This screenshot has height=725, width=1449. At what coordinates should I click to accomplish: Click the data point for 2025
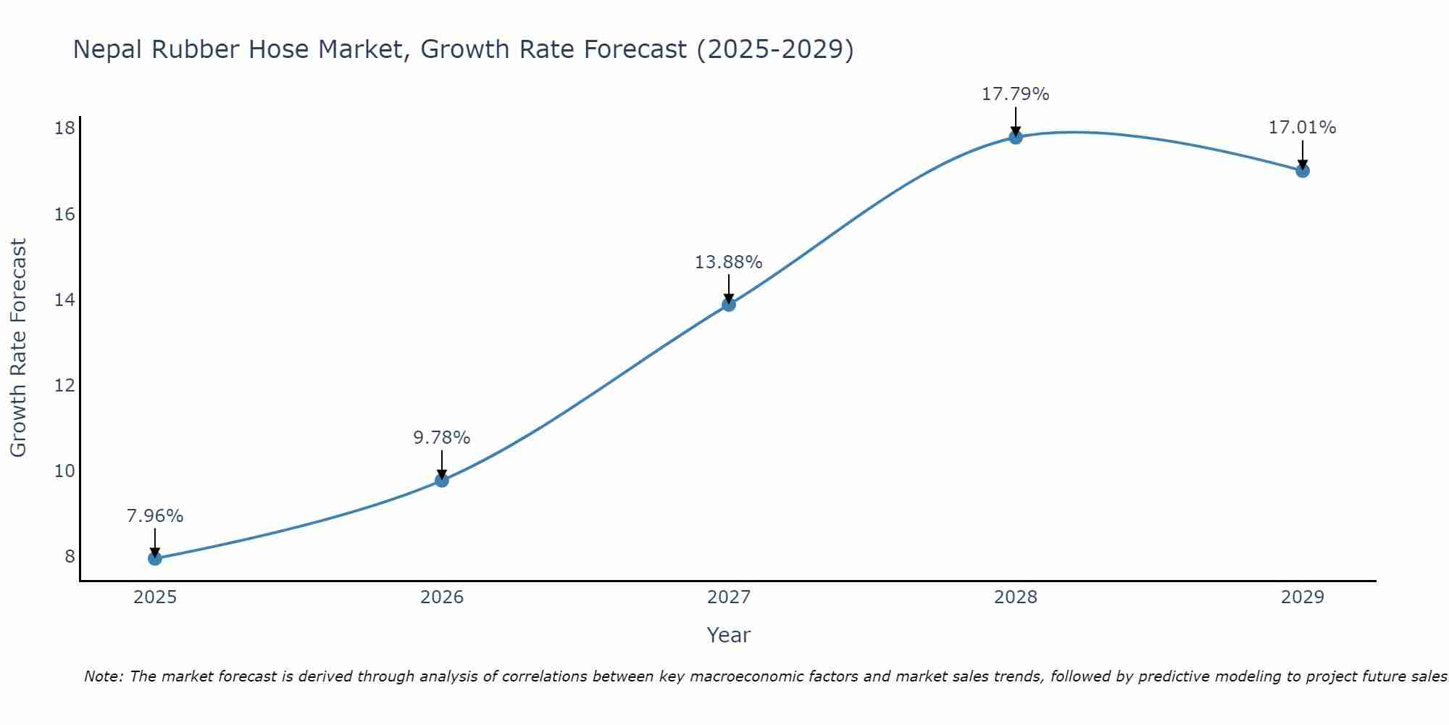[x=155, y=558]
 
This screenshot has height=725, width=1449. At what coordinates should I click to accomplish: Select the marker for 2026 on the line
[x=442, y=480]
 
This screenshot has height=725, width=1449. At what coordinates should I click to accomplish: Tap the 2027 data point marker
[x=729, y=304]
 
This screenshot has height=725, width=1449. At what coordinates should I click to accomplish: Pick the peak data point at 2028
[x=1016, y=137]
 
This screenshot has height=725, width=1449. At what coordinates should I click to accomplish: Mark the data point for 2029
[x=1303, y=171]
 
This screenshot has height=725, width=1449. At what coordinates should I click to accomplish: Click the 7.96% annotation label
[x=155, y=516]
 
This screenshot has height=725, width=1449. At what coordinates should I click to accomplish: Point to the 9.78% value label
[x=442, y=438]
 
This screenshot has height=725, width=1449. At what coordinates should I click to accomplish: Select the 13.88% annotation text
[x=729, y=262]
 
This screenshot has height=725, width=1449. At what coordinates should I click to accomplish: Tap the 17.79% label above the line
[x=1016, y=94]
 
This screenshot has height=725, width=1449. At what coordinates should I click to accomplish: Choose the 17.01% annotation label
[x=1303, y=128]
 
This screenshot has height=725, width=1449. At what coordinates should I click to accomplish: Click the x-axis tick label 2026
[x=442, y=597]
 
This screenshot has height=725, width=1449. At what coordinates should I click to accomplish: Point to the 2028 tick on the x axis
[x=1016, y=597]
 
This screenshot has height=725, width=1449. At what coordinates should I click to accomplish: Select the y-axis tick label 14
[x=65, y=299]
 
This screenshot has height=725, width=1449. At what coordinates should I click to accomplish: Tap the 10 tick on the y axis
[x=65, y=471]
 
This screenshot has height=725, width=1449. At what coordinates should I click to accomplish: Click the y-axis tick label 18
[x=65, y=128]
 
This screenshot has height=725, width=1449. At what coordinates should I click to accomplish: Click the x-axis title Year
[x=729, y=635]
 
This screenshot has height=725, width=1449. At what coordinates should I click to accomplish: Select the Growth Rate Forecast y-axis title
[x=19, y=348]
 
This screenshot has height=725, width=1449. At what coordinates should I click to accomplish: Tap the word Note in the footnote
[x=104, y=676]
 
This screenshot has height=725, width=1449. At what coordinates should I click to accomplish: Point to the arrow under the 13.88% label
[x=729, y=288]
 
